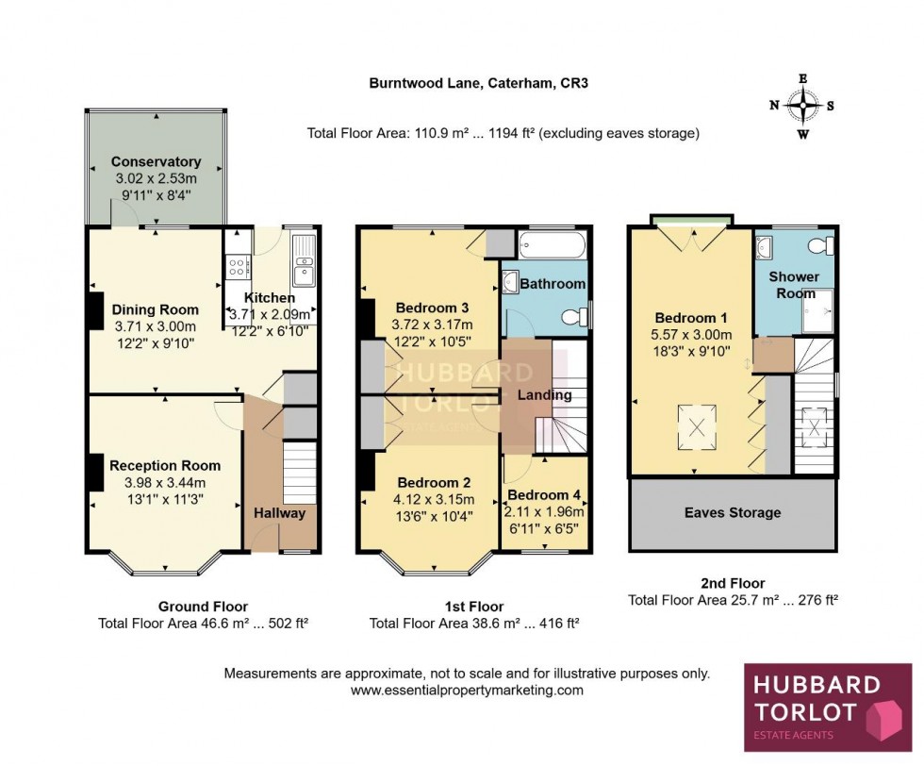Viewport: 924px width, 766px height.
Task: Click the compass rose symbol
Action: [x=803, y=106]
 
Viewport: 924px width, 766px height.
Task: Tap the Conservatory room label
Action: [x=156, y=161]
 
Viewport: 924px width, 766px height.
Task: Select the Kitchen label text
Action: [x=270, y=298]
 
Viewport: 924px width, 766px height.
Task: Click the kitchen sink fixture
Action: [x=304, y=261]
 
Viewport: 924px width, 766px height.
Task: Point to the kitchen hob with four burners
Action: [x=235, y=267]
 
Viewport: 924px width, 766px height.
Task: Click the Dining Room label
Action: [x=156, y=309]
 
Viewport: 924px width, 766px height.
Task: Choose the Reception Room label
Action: [x=165, y=465]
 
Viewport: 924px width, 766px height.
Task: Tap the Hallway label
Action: [x=279, y=513]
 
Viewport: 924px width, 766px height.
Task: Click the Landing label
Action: [x=545, y=395]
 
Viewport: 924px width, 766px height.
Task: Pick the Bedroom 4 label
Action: [x=546, y=495]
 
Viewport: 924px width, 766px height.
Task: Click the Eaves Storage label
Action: [x=733, y=513]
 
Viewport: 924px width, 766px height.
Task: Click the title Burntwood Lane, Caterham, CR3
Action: [x=478, y=83]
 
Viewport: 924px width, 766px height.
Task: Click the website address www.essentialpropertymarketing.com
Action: [x=467, y=691]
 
